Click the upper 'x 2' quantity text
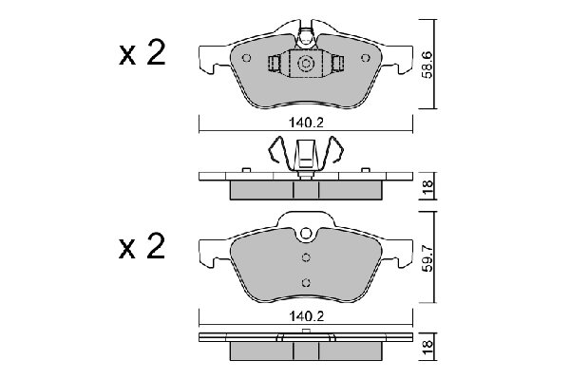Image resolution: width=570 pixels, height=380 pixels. [x=142, y=54]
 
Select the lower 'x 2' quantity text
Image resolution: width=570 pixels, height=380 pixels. [x=142, y=249]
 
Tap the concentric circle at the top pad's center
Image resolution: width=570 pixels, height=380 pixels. [x=306, y=65]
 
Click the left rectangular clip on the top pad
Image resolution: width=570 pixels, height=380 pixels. [x=275, y=65]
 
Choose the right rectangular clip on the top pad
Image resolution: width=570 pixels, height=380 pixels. [x=337, y=65]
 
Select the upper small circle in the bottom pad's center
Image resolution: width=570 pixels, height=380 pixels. [x=306, y=257]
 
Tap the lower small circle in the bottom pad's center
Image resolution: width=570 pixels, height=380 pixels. [x=306, y=281]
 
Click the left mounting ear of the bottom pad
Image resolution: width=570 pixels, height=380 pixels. [x=211, y=252]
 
